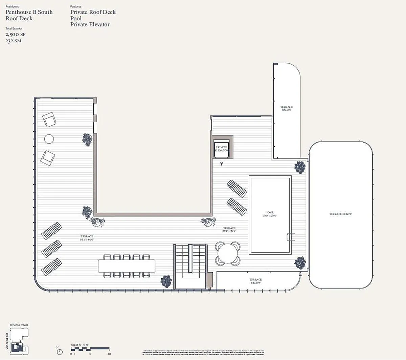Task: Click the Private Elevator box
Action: (222, 149)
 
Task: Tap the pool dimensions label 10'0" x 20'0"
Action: (270, 216)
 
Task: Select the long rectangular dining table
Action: (127, 266)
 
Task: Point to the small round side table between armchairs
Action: (49, 139)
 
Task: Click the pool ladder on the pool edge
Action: (291, 237)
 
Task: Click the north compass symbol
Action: (60, 352)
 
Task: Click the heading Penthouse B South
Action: (29, 12)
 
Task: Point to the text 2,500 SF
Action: (16, 34)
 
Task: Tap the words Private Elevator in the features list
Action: (90, 24)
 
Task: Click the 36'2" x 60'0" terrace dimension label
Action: (87, 239)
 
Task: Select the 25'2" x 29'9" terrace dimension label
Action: (229, 231)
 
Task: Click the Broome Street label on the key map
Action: (19, 325)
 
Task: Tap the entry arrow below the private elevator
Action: (222, 164)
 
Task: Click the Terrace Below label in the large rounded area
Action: (340, 214)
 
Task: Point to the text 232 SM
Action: (14, 41)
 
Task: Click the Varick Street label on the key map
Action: (7, 341)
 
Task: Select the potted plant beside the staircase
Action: (166, 281)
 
